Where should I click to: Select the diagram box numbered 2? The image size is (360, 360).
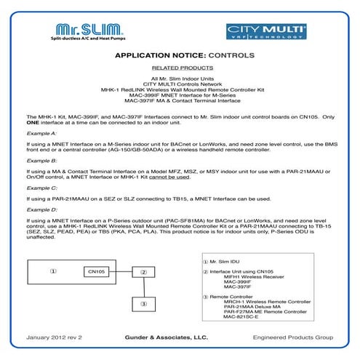[x=144, y=272]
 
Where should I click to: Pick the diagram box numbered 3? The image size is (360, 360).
[x=144, y=303]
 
